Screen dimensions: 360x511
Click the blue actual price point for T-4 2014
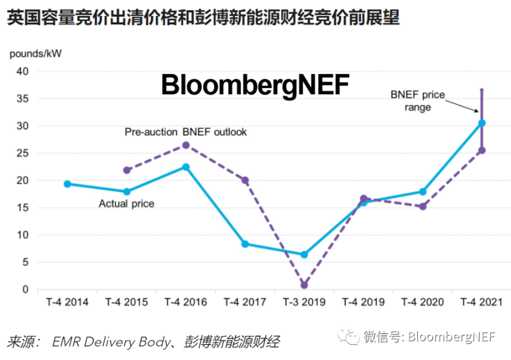coord(67,184)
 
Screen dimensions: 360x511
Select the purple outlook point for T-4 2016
coord(186,145)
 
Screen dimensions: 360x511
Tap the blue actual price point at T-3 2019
coord(304,255)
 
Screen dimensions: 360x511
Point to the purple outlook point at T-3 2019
coord(304,285)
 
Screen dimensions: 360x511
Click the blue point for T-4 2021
coord(482,123)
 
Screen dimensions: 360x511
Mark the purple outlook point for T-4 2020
coord(423,206)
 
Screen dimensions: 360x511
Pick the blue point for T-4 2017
coord(245,244)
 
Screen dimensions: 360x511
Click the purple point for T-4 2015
coord(126,170)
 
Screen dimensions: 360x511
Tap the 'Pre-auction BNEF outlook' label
coord(185,132)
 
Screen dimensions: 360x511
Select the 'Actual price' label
coord(126,204)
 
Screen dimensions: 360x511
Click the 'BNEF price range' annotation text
coord(418,101)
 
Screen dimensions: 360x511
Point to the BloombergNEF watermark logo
coord(256,86)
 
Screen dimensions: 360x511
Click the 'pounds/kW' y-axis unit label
coord(31,54)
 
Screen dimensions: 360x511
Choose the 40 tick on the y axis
coord(22,71)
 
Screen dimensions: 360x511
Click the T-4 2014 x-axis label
coord(67,302)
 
